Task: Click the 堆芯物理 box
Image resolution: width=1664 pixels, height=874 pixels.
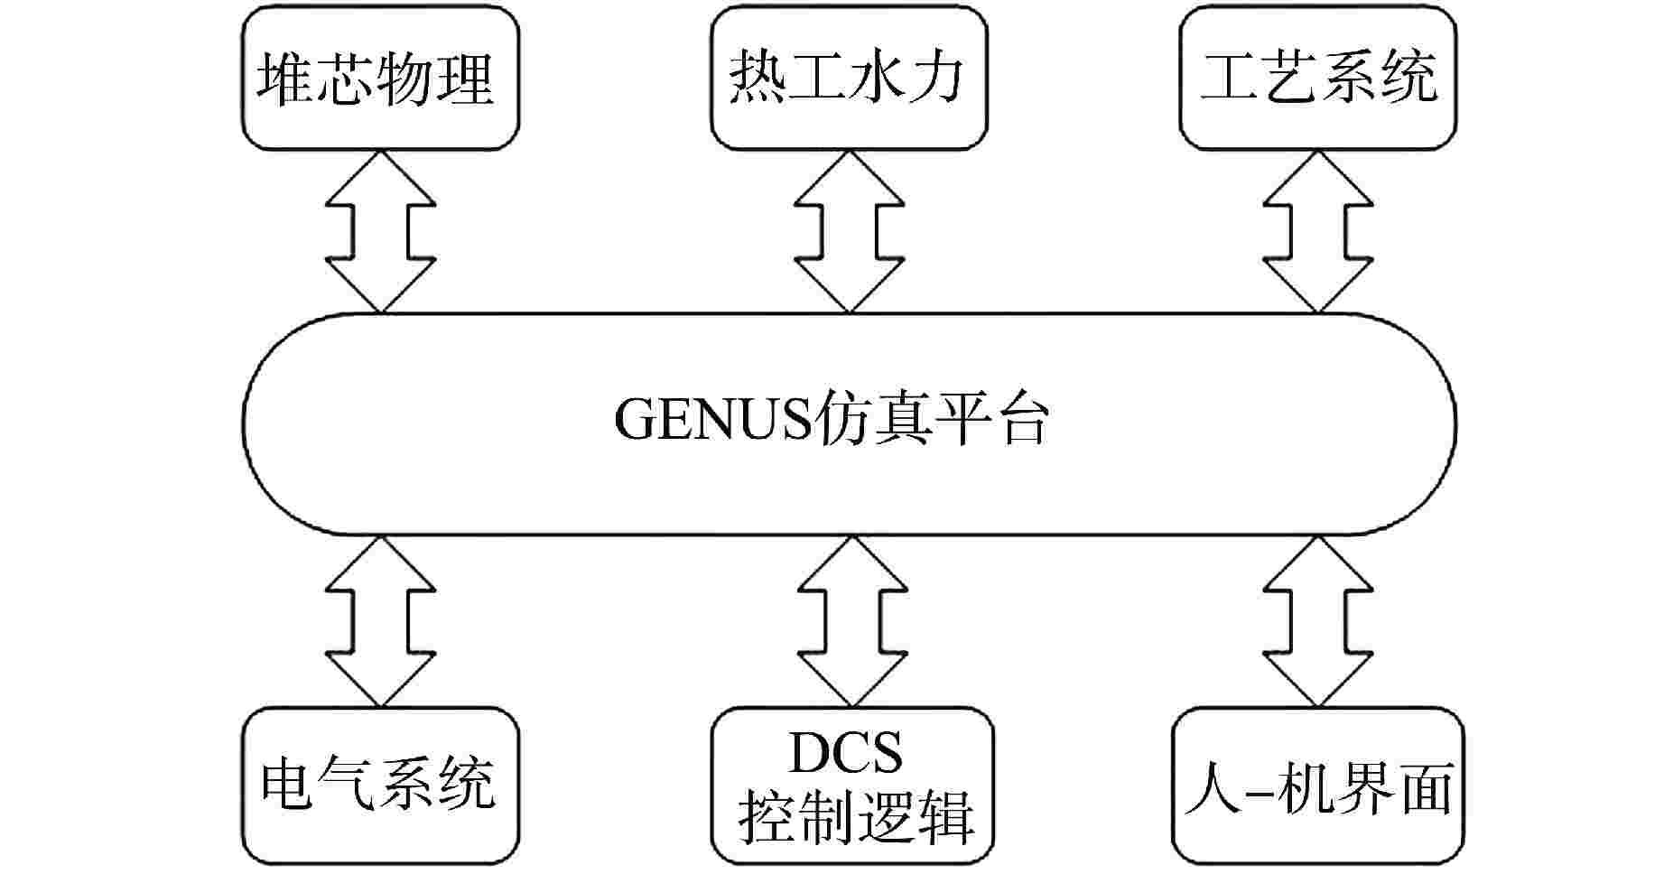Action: pyautogui.click(x=381, y=78)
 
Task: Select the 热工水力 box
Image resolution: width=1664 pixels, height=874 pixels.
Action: pyautogui.click(x=850, y=78)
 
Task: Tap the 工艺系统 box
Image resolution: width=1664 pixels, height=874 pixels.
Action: pyautogui.click(x=1318, y=78)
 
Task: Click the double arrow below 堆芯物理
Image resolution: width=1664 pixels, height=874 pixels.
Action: pyautogui.click(x=381, y=232)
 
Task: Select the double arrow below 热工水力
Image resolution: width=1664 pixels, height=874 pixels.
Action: pyautogui.click(x=850, y=232)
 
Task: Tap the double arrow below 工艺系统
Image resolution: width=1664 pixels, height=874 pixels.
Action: pyautogui.click(x=1318, y=232)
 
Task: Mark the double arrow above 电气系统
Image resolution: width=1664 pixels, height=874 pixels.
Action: pyautogui.click(x=381, y=621)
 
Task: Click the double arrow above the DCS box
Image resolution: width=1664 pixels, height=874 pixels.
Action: pyautogui.click(x=850, y=621)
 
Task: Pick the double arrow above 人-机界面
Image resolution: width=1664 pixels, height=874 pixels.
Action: pyautogui.click(x=1318, y=621)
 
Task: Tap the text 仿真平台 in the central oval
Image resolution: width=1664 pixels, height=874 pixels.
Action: pyautogui.click(x=930, y=421)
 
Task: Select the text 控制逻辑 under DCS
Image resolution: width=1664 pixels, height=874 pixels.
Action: pyautogui.click(x=857, y=817)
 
